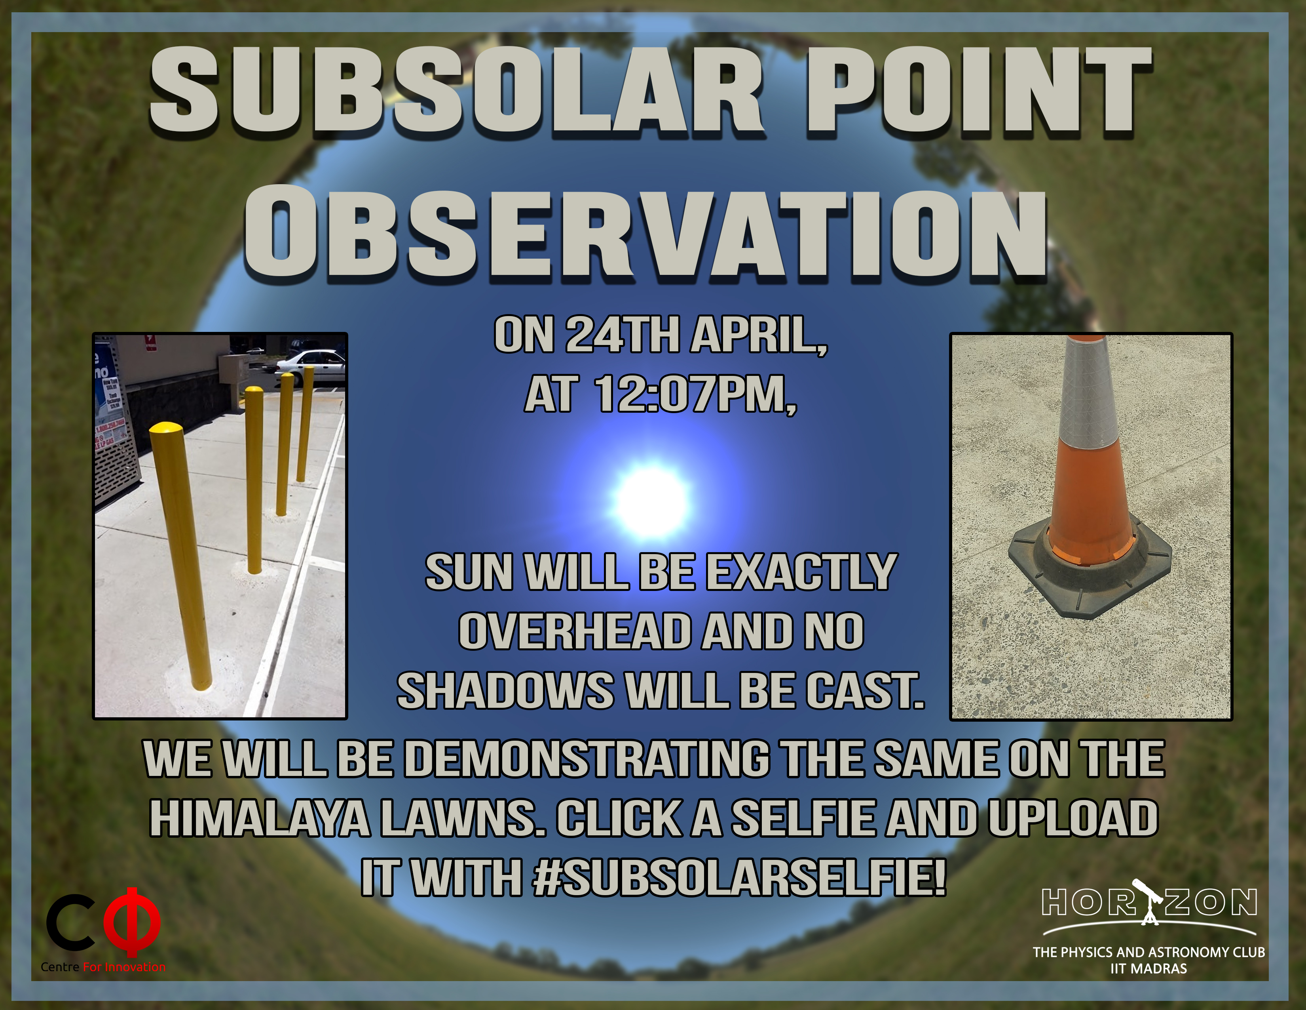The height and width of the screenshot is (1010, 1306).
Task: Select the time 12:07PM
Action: [695, 395]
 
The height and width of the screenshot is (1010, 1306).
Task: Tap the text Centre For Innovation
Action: [103, 967]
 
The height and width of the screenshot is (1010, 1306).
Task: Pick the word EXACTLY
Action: [801, 573]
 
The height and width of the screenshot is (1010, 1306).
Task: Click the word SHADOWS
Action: [505, 691]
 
